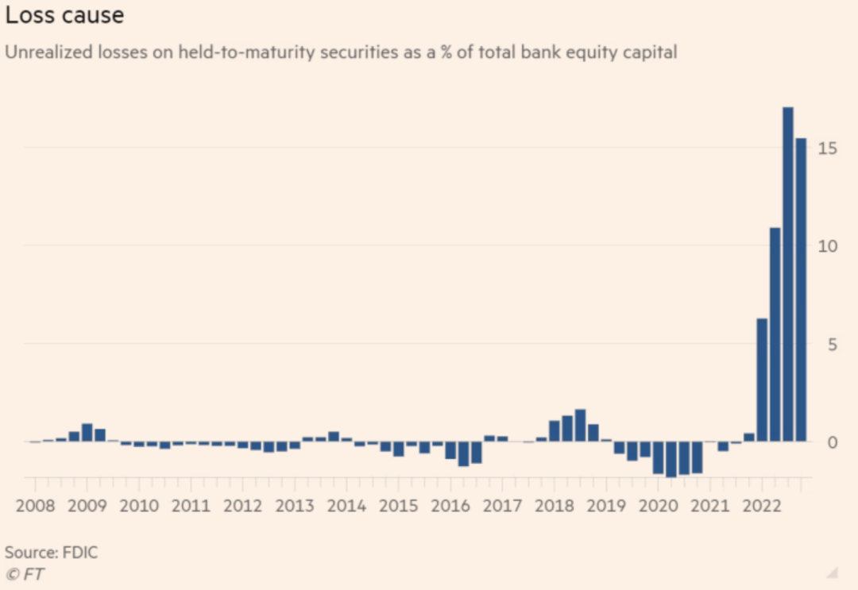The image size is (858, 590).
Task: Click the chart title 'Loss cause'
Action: click(64, 14)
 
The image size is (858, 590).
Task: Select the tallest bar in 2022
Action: click(788, 274)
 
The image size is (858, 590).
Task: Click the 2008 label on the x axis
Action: click(33, 506)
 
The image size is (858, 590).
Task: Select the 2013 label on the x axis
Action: click(294, 506)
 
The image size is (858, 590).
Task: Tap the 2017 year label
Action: click(502, 506)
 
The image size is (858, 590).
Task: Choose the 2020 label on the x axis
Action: click(659, 506)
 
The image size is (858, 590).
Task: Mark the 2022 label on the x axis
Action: click(762, 506)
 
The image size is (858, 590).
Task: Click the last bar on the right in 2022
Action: click(801, 290)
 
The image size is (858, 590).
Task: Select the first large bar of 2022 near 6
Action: click(762, 380)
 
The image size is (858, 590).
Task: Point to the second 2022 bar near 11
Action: click(775, 334)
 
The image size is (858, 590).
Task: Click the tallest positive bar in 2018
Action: click(580, 426)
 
